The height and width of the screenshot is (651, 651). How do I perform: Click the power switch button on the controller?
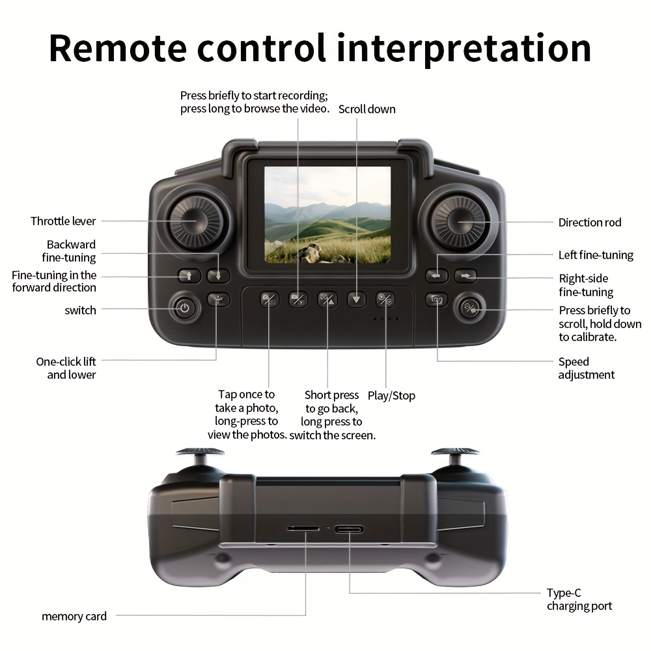[x=184, y=308]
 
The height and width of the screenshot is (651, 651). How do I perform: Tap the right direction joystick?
[x=460, y=222]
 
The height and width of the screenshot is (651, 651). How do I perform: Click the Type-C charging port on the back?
[x=349, y=529]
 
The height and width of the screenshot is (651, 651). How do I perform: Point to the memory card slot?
[x=303, y=528]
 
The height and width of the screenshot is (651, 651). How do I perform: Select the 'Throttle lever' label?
[x=63, y=221]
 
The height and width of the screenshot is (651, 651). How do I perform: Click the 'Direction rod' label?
[x=590, y=223]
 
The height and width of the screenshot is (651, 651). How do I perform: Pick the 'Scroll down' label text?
[x=367, y=109]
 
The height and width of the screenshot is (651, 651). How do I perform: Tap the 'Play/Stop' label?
[x=391, y=396]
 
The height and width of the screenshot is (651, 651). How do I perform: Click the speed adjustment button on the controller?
[x=437, y=299]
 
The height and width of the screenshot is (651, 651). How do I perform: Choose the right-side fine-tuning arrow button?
[x=465, y=275]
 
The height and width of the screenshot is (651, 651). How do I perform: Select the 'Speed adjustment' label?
[x=586, y=368]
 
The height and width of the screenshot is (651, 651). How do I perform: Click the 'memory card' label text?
[x=74, y=616]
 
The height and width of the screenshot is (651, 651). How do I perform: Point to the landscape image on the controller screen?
[x=327, y=215]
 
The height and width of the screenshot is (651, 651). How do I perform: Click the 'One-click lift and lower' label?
[x=66, y=368]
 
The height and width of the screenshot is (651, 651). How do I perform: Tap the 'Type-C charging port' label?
[x=579, y=600]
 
